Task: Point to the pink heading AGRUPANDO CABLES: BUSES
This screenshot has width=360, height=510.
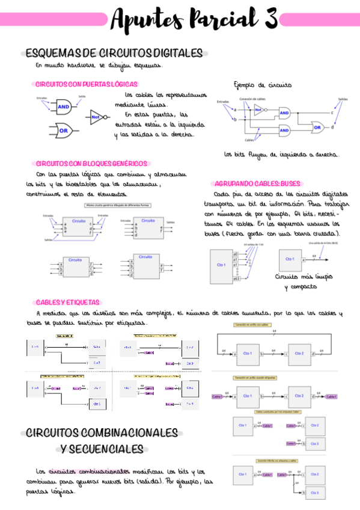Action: pyautogui.click(x=257, y=183)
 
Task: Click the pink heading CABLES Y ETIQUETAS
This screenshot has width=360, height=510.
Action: pyautogui.click(x=68, y=302)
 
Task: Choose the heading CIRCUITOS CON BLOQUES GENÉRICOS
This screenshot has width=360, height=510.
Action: pyautogui.click(x=91, y=163)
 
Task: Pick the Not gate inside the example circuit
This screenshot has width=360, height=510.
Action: pyautogui.click(x=258, y=110)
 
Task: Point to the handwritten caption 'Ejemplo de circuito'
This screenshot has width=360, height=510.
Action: pyautogui.click(x=263, y=85)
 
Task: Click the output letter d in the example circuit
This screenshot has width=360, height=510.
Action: pyautogui.click(x=333, y=127)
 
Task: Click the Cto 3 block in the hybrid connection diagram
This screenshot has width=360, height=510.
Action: pyautogui.click(x=315, y=492)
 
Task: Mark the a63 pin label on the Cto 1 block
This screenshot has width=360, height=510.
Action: pyautogui.click(x=236, y=279)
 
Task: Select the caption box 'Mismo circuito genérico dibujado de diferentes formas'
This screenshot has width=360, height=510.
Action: pyautogui.click(x=118, y=206)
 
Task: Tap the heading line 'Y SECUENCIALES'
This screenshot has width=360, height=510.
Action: pyautogui.click(x=102, y=449)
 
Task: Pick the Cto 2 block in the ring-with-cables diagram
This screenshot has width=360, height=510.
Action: pyautogui.click(x=299, y=354)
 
